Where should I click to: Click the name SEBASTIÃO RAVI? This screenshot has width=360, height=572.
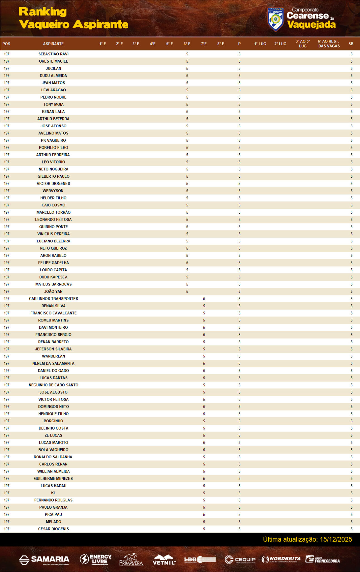(x=53, y=54)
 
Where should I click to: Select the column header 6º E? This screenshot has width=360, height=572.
(x=187, y=44)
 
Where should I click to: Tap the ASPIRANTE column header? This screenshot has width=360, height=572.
(x=53, y=44)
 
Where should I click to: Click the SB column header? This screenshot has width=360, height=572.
(x=351, y=44)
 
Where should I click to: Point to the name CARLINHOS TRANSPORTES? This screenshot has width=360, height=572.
(x=53, y=299)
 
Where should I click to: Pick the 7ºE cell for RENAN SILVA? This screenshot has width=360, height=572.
(x=204, y=306)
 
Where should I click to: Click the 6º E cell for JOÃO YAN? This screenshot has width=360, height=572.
(x=187, y=291)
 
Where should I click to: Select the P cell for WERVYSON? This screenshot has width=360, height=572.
(x=239, y=191)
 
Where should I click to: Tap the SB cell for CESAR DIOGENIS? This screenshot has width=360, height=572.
(x=351, y=529)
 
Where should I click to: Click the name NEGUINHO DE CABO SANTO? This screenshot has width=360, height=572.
(x=53, y=385)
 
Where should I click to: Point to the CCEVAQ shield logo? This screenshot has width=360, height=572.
(x=275, y=19)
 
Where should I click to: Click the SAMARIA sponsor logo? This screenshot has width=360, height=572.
(x=44, y=560)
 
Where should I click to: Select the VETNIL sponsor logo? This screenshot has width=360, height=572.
(x=164, y=560)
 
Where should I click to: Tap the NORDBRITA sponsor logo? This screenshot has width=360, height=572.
(x=281, y=559)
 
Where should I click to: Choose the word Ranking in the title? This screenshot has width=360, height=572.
(x=43, y=12)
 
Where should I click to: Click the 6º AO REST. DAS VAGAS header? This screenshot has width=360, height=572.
(x=329, y=44)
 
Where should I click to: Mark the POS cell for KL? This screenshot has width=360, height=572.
(x=7, y=493)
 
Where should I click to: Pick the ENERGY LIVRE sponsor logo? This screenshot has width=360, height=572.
(x=96, y=559)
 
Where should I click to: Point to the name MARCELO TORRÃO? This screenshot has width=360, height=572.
(x=53, y=212)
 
